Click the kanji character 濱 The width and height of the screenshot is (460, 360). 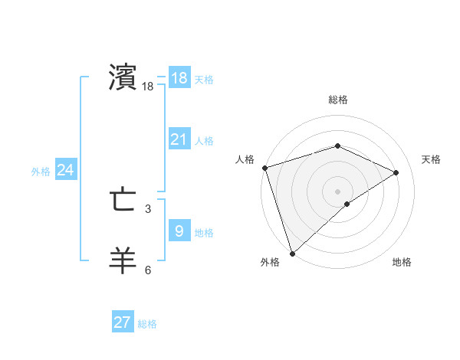point(123,77)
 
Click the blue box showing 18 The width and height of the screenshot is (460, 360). point(179,77)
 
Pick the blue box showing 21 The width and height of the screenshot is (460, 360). point(179,139)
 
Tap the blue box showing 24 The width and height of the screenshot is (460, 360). point(66,170)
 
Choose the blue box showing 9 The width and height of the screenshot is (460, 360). point(179,231)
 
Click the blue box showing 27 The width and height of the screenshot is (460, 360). point(123,322)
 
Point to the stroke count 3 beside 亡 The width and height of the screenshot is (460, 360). point(148,208)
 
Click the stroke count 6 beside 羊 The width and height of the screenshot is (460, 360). point(148,270)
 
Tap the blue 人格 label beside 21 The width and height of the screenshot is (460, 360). point(204,141)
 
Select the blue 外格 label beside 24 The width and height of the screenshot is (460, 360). point(41,172)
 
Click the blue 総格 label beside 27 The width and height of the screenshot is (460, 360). point(147,324)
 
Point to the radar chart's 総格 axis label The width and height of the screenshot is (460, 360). point(337,100)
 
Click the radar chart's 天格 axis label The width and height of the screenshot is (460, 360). point(432,159)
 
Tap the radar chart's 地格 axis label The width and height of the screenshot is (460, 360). point(402,262)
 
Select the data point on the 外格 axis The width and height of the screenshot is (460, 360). point(292,253)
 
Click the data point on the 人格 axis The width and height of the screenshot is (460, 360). point(264,168)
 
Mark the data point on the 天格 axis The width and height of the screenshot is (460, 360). point(396,172)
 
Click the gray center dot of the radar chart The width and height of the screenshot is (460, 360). point(337,191)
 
